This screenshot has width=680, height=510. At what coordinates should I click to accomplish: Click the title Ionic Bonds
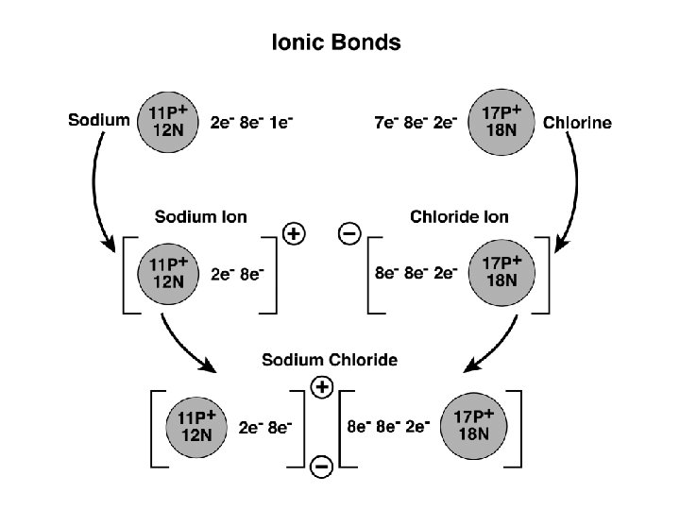336,42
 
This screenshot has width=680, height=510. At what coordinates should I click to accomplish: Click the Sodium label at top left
99,120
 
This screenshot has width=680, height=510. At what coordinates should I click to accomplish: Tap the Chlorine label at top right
577,122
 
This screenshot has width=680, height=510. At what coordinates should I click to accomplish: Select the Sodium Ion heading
200,217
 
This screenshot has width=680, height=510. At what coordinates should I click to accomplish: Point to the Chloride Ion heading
459,217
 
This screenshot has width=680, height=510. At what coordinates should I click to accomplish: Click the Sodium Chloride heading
330,360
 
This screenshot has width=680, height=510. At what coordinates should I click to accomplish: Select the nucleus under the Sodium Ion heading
167,272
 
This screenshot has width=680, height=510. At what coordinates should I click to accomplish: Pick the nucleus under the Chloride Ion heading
501,272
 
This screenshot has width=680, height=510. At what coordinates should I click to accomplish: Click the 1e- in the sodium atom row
280,123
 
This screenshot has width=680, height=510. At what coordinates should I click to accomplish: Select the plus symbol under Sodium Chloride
322,385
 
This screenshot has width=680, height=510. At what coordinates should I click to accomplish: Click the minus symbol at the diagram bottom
321,465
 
